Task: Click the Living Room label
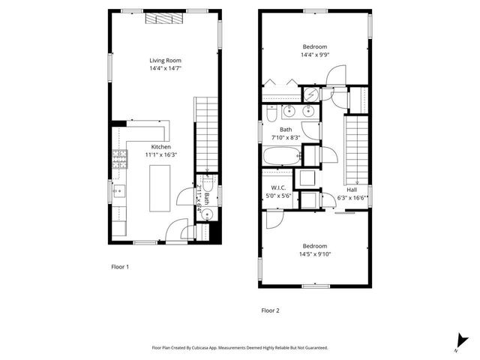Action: click(165, 60)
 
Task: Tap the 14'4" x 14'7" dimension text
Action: click(165, 68)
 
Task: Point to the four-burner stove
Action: click(119, 158)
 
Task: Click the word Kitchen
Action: click(161, 146)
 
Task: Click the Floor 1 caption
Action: click(121, 266)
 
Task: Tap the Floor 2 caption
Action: click(270, 310)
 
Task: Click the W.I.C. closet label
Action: click(271, 187)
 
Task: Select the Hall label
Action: click(351, 189)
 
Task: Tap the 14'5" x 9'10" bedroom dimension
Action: click(315, 254)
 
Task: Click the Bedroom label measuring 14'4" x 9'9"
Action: click(315, 45)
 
